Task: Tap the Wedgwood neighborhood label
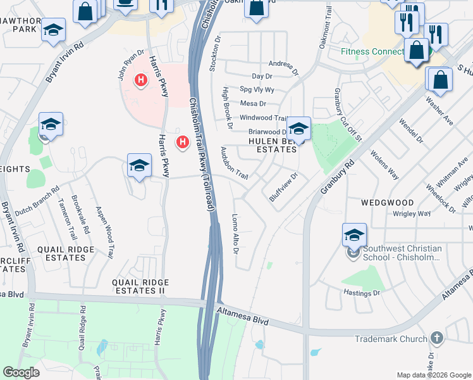[x=387, y=203]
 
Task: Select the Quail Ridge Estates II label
[x=140, y=286]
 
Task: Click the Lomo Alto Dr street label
[x=235, y=234]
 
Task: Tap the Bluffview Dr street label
[x=283, y=187]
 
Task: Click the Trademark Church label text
[x=391, y=339]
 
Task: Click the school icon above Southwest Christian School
[x=354, y=235]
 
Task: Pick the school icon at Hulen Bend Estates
[x=298, y=129]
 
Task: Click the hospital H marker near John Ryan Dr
[x=141, y=80]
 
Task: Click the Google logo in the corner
[x=21, y=372]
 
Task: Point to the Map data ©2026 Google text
[x=434, y=374]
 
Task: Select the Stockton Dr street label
[x=215, y=53]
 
